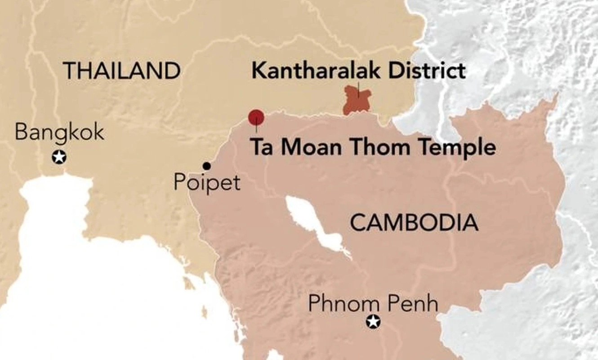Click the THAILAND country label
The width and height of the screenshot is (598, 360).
tap(122, 71)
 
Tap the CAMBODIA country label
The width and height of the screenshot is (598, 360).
tap(414, 223)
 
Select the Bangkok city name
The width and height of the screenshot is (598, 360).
tap(59, 132)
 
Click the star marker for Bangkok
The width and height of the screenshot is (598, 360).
tap(59, 157)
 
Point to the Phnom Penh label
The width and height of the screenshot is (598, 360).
tap(373, 304)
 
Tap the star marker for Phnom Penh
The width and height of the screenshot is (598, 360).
tap(373, 322)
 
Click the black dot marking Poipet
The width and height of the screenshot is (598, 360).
tap(207, 166)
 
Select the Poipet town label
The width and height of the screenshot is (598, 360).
tap(207, 183)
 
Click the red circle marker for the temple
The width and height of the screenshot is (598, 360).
tap(256, 117)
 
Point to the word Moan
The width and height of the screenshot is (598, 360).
tap(312, 147)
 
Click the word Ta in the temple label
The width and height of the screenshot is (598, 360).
tap(262, 147)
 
